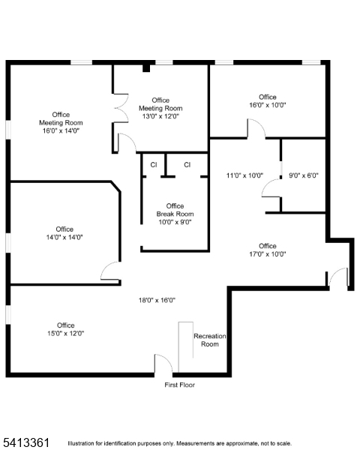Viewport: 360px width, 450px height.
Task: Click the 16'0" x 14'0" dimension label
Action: (61, 130)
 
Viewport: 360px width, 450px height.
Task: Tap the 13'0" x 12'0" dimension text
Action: (160, 116)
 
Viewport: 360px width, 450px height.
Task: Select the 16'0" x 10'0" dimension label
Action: (268, 105)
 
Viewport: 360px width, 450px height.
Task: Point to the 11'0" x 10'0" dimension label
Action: (245, 175)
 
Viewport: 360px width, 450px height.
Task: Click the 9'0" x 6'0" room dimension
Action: (304, 175)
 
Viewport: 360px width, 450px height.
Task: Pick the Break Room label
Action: (175, 214)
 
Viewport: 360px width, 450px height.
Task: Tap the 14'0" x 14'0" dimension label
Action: (64, 237)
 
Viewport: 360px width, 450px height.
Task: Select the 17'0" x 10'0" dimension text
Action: (268, 254)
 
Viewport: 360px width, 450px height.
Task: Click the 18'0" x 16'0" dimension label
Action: (157, 300)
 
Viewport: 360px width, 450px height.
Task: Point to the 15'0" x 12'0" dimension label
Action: (66, 334)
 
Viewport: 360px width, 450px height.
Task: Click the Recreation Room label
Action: (209, 340)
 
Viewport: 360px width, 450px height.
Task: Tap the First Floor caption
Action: (180, 385)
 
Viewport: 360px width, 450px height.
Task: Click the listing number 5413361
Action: (26, 442)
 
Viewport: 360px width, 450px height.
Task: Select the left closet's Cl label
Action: (154, 165)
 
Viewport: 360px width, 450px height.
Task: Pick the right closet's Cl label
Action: (187, 165)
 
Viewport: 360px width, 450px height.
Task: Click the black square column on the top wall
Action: (146, 68)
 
